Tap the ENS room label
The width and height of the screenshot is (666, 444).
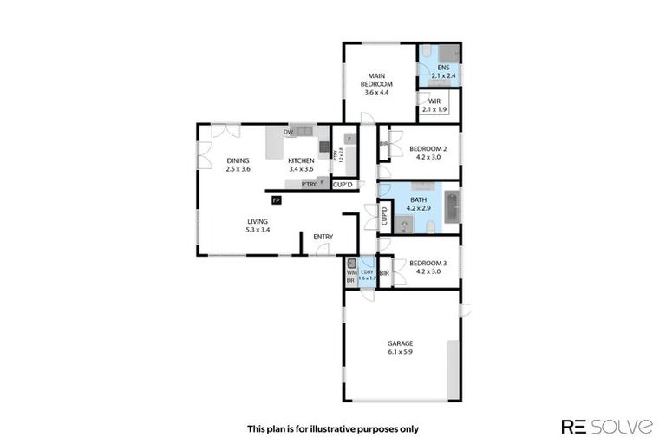click(443, 68)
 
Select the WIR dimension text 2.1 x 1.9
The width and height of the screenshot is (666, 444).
click(434, 110)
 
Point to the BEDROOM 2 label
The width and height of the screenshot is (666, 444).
click(428, 148)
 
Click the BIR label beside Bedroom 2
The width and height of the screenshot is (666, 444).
click(383, 144)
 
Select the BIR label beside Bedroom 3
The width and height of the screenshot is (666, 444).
click(383, 273)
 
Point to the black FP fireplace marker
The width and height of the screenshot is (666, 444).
click(276, 200)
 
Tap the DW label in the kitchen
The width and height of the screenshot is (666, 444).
click(287, 132)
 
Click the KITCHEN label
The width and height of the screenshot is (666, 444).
click(301, 160)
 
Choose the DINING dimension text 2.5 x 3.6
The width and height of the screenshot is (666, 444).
click(238, 169)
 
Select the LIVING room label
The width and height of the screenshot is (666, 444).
click(258, 222)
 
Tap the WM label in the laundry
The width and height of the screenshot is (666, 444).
click(351, 272)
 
